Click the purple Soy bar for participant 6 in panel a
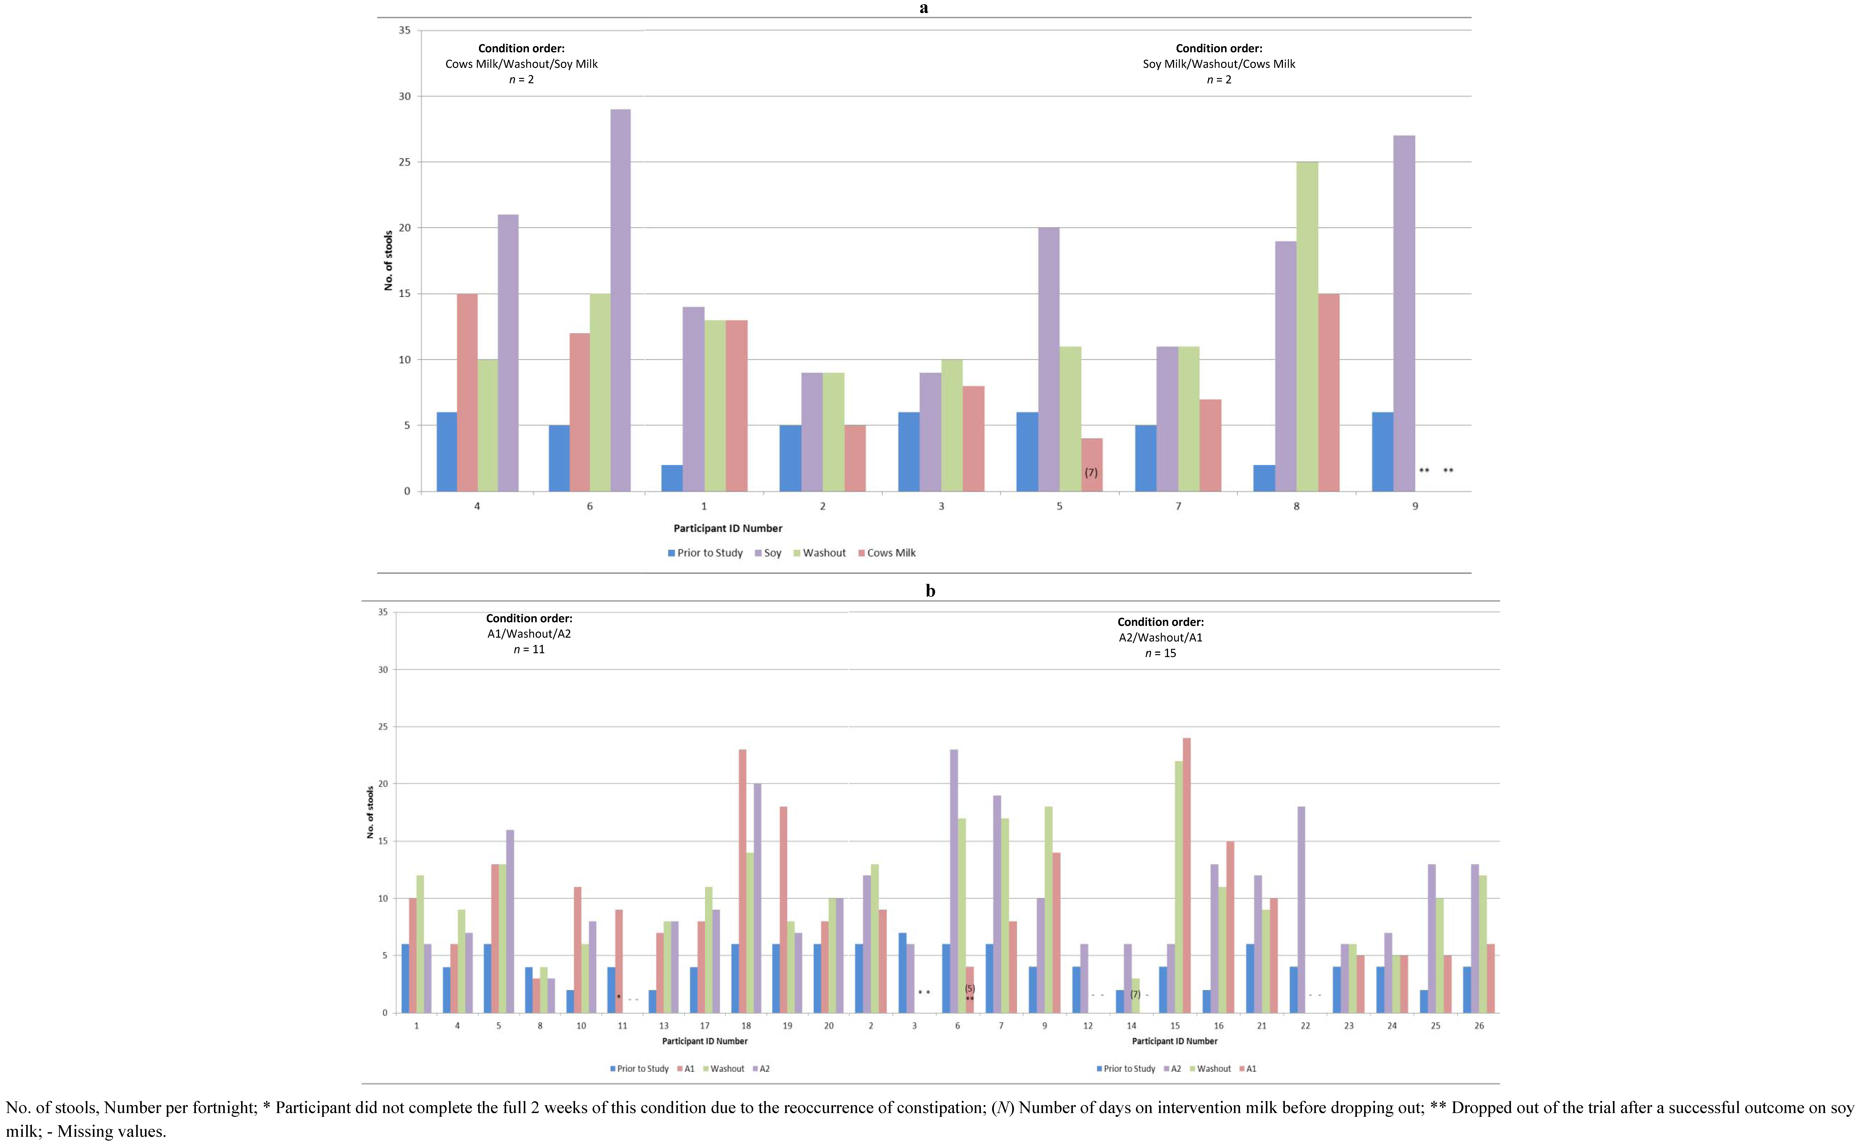coord(620,300)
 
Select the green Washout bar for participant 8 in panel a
coord(1307,327)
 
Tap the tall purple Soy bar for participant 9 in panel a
coord(1404,313)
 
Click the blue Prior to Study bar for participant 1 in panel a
coord(672,478)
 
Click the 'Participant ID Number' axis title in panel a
coord(728,528)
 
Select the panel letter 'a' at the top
coord(924,8)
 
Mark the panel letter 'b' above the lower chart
coord(930,591)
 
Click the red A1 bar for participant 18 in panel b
coord(742,881)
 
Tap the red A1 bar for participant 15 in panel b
coord(1186,875)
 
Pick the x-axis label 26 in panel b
coord(1479,1026)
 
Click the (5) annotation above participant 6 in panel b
coord(969,988)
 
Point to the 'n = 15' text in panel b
coord(1160,653)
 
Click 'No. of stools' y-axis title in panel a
coord(389,261)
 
